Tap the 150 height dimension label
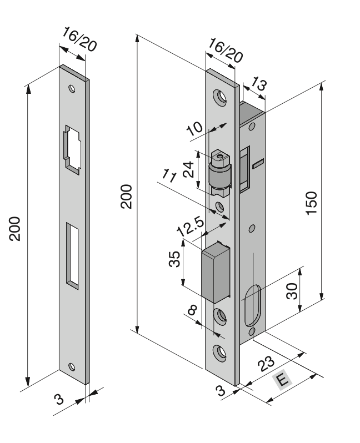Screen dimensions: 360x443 point(312,203)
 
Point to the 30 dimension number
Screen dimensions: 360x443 point(292,291)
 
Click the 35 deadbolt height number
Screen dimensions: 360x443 point(174,259)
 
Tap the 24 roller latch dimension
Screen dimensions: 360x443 point(188,169)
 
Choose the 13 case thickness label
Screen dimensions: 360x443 point(259,84)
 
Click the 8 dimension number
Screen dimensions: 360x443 point(192,310)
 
